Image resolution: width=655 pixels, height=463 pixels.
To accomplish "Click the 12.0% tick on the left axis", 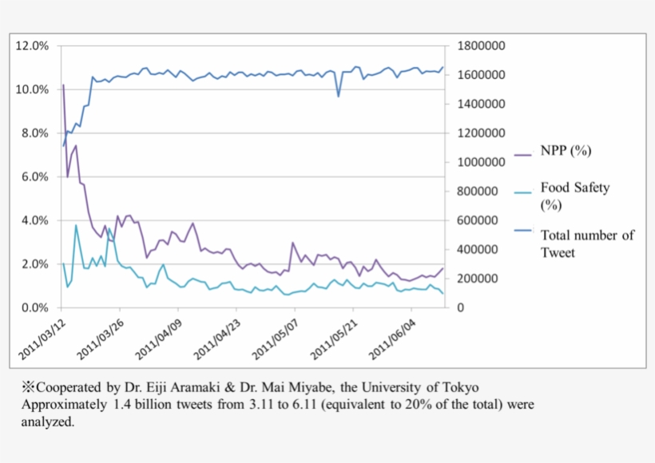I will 32,46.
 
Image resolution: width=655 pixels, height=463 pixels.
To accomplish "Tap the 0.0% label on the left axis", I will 34,308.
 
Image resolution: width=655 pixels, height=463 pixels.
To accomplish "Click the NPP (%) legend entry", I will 566,151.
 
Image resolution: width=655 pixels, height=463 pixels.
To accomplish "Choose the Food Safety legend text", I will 574,188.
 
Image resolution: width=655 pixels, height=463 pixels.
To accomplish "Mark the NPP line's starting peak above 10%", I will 63,85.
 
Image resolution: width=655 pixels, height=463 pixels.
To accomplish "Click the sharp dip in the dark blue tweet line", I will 339,97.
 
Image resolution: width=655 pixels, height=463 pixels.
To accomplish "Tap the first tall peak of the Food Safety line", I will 76,225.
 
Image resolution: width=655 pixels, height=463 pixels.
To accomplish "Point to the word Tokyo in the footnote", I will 462,387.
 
